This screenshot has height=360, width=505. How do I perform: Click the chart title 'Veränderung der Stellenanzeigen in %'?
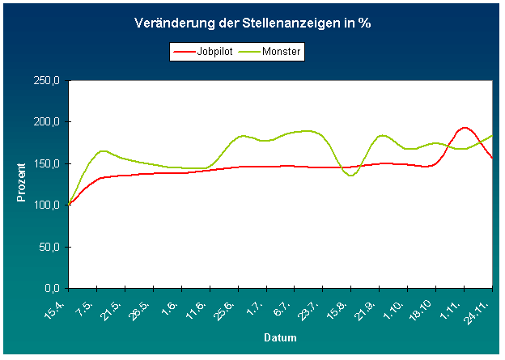tap(252, 23)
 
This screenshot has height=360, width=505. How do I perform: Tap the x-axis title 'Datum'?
tap(279, 337)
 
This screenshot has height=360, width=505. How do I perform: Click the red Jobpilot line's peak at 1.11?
tap(464, 127)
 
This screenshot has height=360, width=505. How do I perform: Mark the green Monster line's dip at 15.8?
tap(351, 175)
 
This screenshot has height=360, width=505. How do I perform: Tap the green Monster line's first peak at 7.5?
tap(103, 150)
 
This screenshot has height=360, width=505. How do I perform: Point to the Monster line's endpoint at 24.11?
tap(492, 135)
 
